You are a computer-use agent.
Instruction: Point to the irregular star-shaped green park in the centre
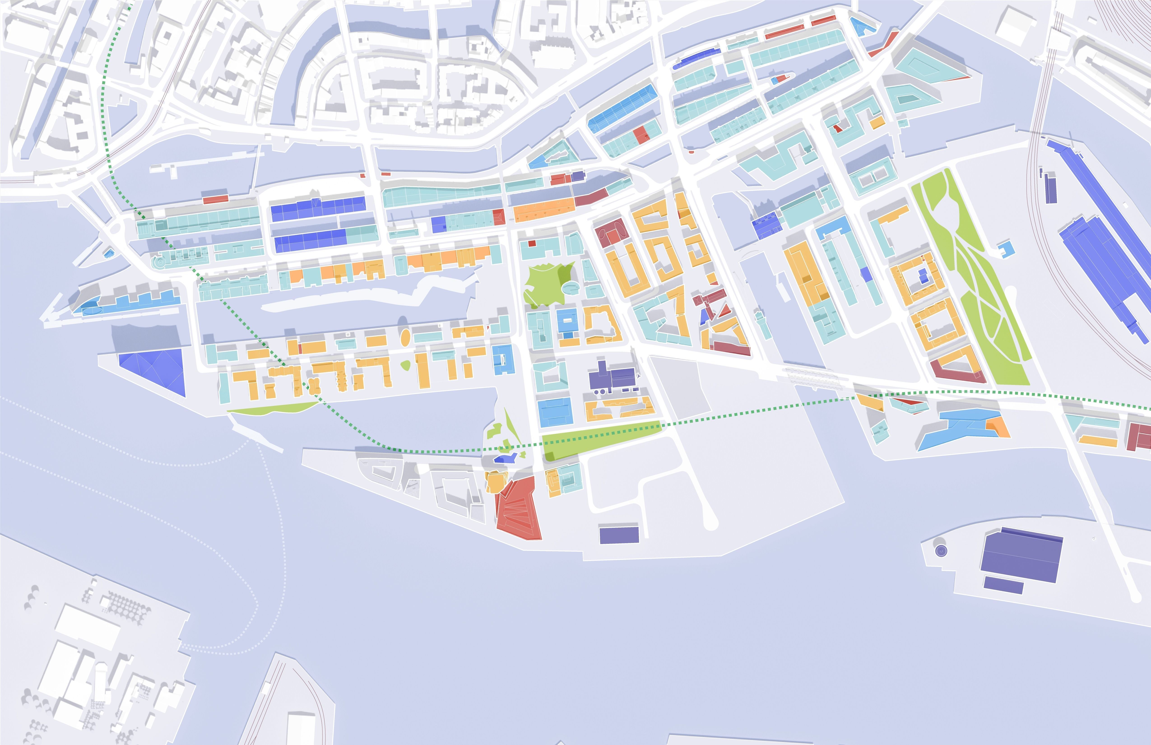click(546, 285)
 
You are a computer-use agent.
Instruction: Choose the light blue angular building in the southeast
click(958, 428)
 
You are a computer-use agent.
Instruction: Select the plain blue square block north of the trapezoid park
click(555, 413)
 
